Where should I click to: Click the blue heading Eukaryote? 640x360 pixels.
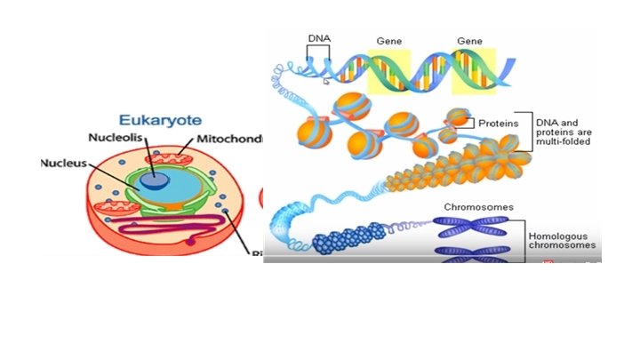[x=160, y=120]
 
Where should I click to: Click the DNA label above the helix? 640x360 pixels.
[x=318, y=39]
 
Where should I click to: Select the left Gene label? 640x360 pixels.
[x=389, y=41]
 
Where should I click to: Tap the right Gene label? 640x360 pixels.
[x=469, y=41]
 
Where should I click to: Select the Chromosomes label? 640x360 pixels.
[x=478, y=208]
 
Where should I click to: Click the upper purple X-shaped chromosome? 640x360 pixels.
[x=478, y=228]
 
